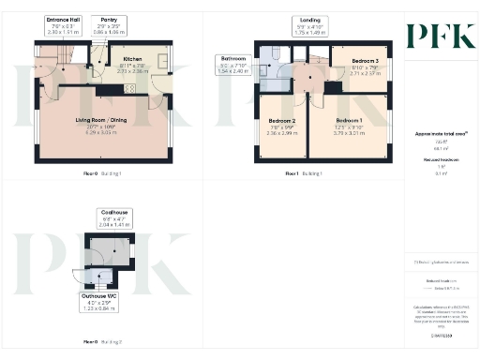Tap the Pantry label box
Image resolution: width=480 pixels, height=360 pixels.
[109, 20]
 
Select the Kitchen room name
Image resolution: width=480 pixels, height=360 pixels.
[131, 57]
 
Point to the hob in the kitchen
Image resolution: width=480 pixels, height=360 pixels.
[129, 88]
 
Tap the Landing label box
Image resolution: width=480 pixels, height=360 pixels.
[309, 20]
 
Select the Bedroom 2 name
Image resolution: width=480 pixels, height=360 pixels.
[282, 122]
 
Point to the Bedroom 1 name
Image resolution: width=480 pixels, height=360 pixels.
[349, 122]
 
